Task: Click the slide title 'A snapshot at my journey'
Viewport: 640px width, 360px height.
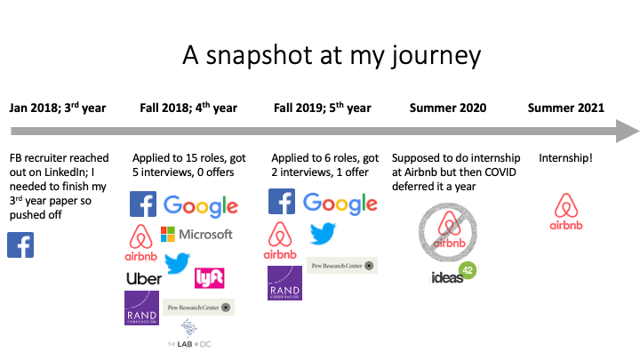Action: [x=319, y=55]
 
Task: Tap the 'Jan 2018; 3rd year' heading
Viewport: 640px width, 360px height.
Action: [x=58, y=108]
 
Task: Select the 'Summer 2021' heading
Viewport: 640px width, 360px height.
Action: [x=566, y=108]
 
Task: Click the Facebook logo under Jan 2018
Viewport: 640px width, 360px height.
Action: [x=20, y=244]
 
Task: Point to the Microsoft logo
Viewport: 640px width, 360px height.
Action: [x=196, y=234]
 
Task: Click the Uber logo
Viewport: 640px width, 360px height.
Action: [x=144, y=278]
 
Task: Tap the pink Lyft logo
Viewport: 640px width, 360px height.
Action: [x=209, y=277]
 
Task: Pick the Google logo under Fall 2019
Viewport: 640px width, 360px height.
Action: [x=340, y=204]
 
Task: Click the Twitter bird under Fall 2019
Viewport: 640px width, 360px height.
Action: [x=322, y=234]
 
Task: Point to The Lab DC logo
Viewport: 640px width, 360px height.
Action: [x=188, y=334]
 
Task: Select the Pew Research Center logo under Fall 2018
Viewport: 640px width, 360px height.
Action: [x=199, y=308]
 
